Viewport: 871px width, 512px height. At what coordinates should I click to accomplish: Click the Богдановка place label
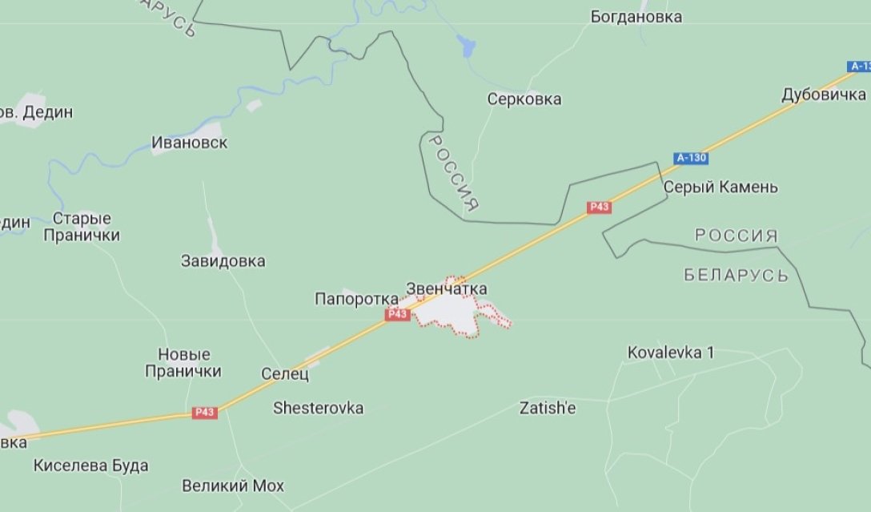pyautogui.click(x=636, y=17)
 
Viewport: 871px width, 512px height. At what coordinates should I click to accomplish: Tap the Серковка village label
pyautogui.click(x=524, y=99)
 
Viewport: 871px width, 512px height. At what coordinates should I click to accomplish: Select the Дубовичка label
pyautogui.click(x=824, y=95)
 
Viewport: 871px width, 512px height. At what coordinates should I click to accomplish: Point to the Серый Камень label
pyautogui.click(x=720, y=187)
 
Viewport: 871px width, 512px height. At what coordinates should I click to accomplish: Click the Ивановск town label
pyautogui.click(x=189, y=143)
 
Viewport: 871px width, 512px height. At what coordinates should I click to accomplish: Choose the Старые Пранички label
pyautogui.click(x=82, y=227)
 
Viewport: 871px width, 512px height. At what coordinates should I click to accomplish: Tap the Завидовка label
pyautogui.click(x=223, y=261)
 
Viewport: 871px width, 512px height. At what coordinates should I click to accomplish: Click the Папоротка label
pyautogui.click(x=356, y=299)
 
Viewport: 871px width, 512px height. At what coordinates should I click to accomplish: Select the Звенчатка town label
pyautogui.click(x=446, y=288)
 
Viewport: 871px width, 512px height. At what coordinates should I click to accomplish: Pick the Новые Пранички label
pyautogui.click(x=183, y=363)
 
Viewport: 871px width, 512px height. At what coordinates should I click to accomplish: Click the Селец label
pyautogui.click(x=285, y=373)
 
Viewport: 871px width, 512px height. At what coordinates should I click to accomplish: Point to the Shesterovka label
pyautogui.click(x=318, y=408)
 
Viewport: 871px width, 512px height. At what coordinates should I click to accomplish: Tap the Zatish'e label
pyautogui.click(x=548, y=408)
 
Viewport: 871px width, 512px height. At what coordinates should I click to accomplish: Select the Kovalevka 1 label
pyautogui.click(x=670, y=352)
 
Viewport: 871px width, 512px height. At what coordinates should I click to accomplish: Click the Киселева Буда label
pyautogui.click(x=90, y=466)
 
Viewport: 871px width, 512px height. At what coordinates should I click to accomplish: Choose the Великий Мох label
pyautogui.click(x=232, y=486)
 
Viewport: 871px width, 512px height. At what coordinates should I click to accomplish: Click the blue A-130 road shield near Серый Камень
pyautogui.click(x=691, y=158)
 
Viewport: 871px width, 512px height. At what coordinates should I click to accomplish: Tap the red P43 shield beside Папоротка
pyautogui.click(x=398, y=315)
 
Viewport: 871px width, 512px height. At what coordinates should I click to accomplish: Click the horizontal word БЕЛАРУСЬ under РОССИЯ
pyautogui.click(x=736, y=276)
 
